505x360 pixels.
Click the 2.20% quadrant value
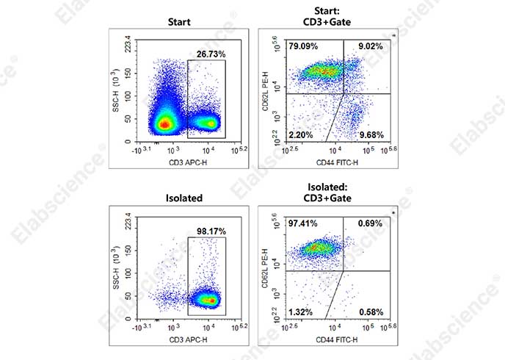coord(301,134)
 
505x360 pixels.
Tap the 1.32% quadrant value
coord(301,312)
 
